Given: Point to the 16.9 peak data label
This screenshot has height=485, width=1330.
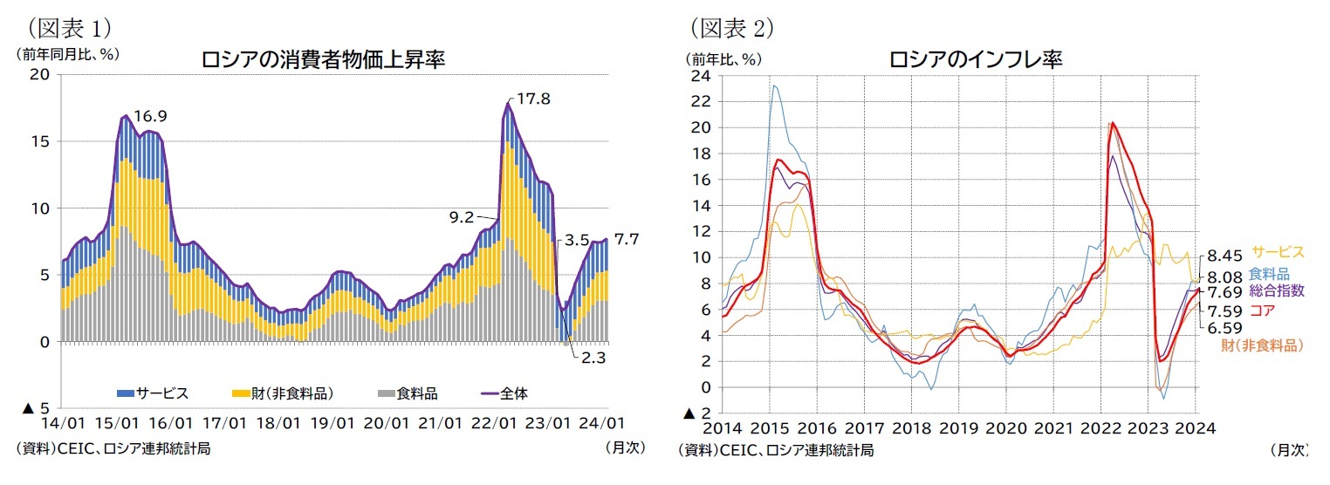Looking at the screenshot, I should click(x=150, y=116).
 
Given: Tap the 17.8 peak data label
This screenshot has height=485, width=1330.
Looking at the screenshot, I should click(x=532, y=99).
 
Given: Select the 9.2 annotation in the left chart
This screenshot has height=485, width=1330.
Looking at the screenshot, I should click(x=462, y=215).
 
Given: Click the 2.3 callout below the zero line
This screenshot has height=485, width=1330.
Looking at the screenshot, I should click(x=594, y=358).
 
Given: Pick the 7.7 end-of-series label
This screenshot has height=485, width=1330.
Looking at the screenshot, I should click(x=627, y=238).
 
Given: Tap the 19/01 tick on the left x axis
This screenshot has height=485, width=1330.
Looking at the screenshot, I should click(x=332, y=424).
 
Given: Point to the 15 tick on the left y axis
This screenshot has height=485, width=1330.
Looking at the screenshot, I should click(x=42, y=141).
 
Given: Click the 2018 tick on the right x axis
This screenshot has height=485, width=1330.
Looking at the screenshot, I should click(x=911, y=428).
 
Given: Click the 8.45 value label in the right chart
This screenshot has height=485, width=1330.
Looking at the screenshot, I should click(x=1226, y=256).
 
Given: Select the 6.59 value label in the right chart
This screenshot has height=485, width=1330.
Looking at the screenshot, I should click(x=1226, y=328).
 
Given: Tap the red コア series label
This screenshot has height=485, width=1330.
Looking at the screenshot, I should click(x=1260, y=310).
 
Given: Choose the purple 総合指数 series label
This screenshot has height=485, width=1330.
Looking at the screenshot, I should click(x=1277, y=290).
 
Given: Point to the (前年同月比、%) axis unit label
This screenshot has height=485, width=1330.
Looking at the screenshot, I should click(x=66, y=53).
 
